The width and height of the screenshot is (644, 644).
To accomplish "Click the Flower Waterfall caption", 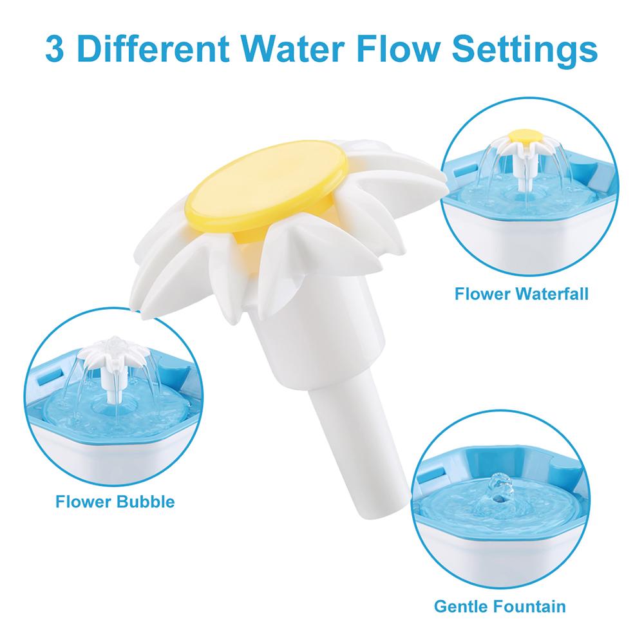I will pos(521,295).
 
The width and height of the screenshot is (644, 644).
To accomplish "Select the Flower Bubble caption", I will pos(115,501).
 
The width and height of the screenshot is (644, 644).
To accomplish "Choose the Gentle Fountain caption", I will pos(500,606).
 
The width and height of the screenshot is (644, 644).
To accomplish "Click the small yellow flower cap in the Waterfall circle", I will pos(524,135).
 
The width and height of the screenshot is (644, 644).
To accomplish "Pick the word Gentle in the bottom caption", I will pos(462,606).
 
